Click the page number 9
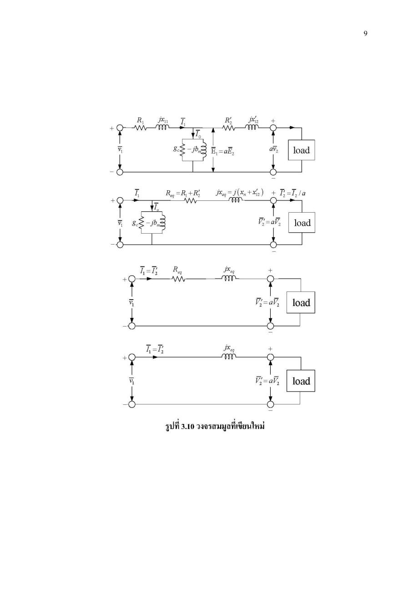(365, 34)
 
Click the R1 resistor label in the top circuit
(140, 120)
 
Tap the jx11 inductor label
(163, 120)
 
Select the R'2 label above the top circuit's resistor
(228, 120)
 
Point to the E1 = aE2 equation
(223, 152)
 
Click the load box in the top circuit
(301, 150)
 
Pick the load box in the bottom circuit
(301, 381)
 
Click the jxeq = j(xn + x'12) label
(240, 193)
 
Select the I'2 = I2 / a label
(292, 193)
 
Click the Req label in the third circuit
(177, 270)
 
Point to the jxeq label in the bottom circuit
(229, 348)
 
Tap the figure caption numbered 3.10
(215, 427)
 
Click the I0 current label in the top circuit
(198, 134)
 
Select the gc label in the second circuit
(135, 223)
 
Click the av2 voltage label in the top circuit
(274, 149)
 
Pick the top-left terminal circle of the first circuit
(120, 128)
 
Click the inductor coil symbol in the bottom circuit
(228, 357)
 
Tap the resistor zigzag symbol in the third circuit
(179, 279)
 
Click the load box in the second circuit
(302, 223)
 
